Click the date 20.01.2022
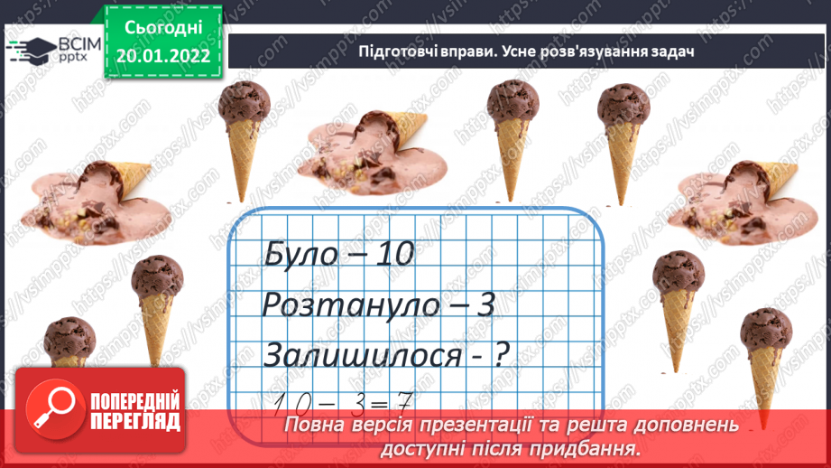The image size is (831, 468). pos(164,56)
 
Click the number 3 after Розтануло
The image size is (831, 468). pos(487,306)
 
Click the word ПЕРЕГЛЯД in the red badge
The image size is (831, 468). pos(134,422)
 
